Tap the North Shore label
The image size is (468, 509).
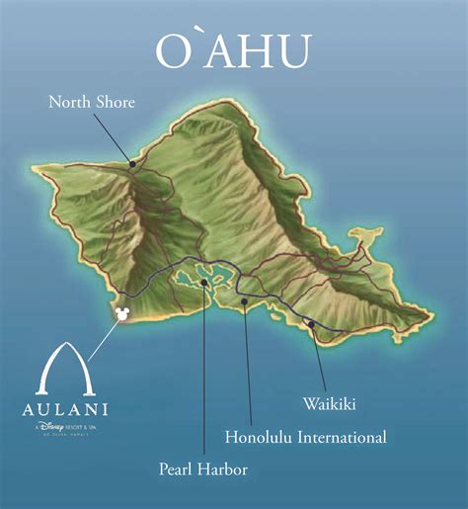[x=91, y=101]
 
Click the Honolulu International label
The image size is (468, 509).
[x=305, y=436]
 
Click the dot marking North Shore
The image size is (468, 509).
[x=131, y=164]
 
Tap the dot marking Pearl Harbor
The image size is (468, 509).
[x=203, y=283]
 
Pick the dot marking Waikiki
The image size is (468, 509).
[x=310, y=324]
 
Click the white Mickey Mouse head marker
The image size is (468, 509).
[x=122, y=313]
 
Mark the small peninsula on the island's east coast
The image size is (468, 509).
[x=367, y=235]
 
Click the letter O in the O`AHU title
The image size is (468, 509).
[x=171, y=51]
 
